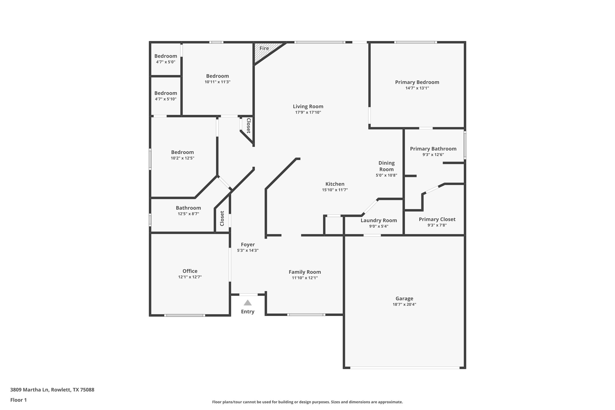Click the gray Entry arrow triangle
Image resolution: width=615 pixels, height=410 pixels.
247,303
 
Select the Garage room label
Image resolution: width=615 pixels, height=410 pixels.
404,298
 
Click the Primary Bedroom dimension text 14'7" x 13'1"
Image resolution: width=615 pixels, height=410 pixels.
417,88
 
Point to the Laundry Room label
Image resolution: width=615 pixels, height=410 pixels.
379,220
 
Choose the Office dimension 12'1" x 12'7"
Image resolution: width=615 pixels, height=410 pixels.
190,277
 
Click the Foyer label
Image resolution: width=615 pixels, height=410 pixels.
247,244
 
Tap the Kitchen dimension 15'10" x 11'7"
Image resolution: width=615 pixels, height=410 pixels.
335,190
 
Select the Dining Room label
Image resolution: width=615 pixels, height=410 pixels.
386,166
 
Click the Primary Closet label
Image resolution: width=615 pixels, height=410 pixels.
437,219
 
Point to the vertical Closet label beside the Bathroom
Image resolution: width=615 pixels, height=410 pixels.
222,218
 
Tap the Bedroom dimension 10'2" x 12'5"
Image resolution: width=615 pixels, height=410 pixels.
182,158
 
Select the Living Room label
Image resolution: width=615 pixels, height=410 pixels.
308,106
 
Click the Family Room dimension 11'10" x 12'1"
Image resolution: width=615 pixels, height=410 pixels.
305,278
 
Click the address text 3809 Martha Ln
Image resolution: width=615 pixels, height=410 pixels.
52,390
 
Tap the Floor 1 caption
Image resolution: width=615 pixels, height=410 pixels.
18,400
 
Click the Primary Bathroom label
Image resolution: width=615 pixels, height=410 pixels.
433,149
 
